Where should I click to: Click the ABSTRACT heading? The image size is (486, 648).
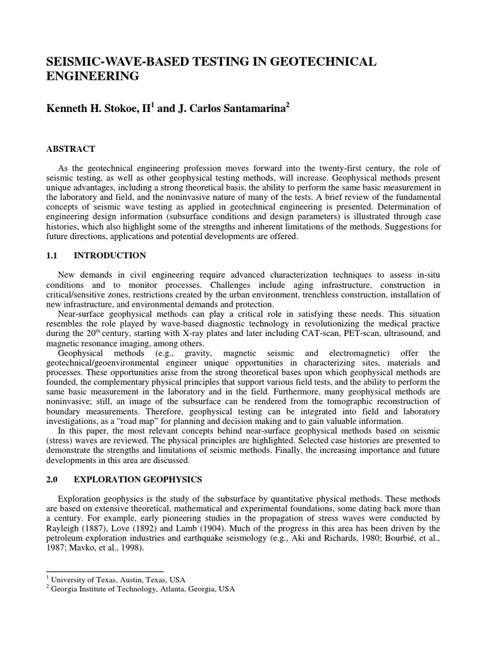tap(70, 149)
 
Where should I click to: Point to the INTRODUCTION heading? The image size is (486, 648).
tap(110, 256)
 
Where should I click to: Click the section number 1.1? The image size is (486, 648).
tap(51, 256)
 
